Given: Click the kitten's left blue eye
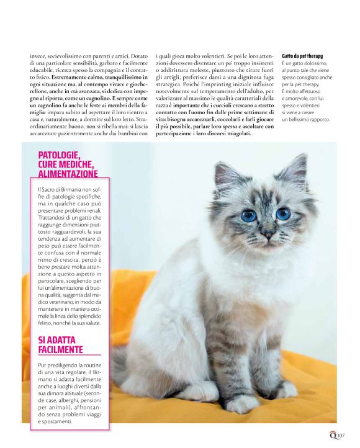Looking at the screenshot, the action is click(249, 215).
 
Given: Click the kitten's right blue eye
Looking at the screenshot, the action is click(284, 213).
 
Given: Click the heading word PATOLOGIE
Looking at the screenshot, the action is click(59, 155).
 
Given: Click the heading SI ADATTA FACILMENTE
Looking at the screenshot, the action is click(61, 344).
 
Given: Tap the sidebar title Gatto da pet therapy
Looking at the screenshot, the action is click(302, 56).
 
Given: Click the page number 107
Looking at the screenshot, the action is click(340, 436).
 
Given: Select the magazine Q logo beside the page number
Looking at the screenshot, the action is click(333, 436).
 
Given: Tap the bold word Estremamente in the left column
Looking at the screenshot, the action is click(71, 77).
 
